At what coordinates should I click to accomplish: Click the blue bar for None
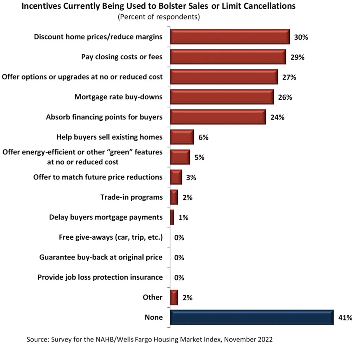252,317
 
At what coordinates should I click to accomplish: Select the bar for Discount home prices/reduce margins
230,37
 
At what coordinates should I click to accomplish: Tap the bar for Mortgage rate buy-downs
222,97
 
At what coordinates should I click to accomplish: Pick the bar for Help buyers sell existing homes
182,137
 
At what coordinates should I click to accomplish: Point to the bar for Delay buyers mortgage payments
172,217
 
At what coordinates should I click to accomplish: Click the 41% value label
345,318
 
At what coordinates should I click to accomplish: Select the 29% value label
297,57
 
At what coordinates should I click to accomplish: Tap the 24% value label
277,118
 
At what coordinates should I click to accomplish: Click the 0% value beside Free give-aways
179,238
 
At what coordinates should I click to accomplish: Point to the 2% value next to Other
187,298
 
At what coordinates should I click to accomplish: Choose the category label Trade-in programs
132,197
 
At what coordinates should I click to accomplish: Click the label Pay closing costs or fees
122,57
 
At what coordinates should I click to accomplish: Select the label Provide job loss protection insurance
100,277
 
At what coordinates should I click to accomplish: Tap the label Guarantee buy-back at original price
101,257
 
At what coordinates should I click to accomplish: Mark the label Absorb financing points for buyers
104,117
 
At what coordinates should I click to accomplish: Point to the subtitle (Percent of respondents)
159,17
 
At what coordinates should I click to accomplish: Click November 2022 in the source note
248,340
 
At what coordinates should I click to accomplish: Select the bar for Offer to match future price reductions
176,177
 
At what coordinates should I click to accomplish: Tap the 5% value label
199,158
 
